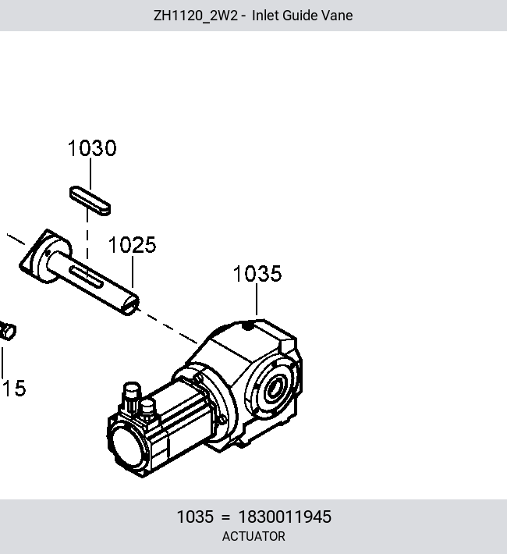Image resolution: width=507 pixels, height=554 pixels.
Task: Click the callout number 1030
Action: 92,148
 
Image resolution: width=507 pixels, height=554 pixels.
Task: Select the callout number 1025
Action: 132,245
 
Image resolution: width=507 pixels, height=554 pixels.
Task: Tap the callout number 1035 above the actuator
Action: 257,274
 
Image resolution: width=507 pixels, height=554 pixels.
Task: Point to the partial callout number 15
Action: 14,389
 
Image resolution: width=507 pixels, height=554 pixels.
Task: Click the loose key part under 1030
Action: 90,201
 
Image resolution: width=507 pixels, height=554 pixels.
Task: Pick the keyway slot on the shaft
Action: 87,276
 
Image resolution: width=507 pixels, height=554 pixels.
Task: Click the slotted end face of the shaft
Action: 130,305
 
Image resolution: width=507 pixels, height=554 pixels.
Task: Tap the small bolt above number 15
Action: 8,331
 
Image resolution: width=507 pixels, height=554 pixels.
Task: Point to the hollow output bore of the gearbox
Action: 274,389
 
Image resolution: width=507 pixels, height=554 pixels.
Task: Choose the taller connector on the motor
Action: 131,396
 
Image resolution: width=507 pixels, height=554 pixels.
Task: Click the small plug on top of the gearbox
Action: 248,327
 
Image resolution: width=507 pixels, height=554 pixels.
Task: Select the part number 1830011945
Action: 285,517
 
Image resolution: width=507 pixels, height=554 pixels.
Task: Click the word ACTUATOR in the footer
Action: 253,536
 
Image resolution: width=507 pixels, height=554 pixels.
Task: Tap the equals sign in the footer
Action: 225,517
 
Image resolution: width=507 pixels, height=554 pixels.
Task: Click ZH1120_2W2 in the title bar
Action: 195,16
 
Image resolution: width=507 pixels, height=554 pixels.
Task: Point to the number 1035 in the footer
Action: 195,517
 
